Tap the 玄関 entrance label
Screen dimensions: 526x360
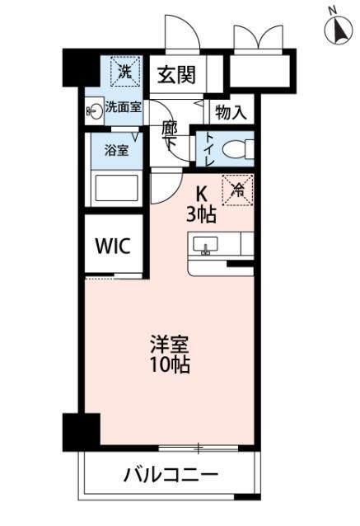[176, 74]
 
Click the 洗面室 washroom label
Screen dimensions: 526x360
[123, 107]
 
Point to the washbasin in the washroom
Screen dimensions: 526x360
[94, 113]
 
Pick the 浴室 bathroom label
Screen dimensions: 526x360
[116, 151]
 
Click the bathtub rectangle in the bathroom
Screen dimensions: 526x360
[116, 187]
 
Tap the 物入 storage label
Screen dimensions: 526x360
[231, 112]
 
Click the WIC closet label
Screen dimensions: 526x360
[113, 246]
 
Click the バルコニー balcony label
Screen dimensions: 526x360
[171, 476]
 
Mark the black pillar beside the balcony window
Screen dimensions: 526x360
[81, 430]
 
